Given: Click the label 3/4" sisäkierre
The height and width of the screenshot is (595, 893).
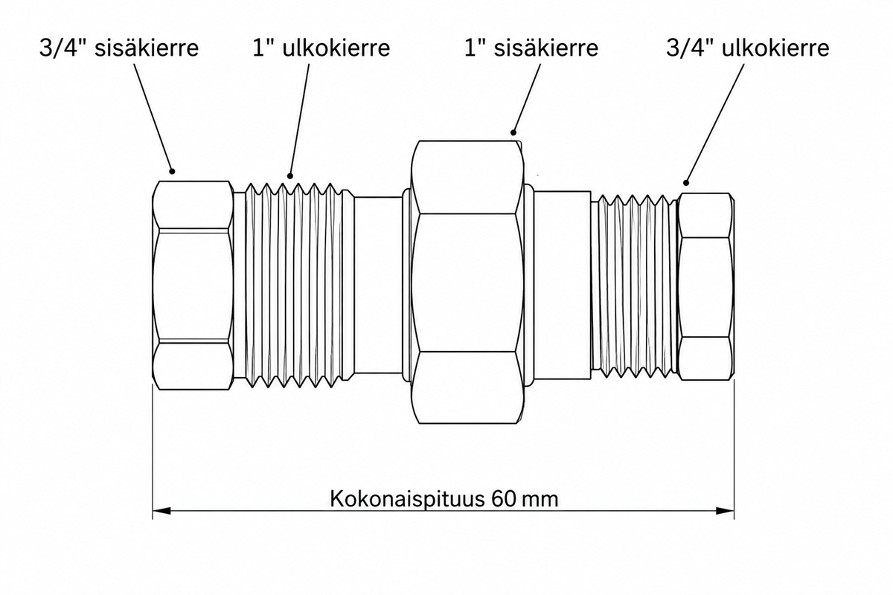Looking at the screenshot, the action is (x=119, y=48).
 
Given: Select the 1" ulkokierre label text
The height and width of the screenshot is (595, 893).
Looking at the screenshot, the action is (x=321, y=48).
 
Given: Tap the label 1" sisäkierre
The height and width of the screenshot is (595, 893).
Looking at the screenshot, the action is (x=531, y=48).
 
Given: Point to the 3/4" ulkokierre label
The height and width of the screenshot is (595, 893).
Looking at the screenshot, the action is (x=747, y=48).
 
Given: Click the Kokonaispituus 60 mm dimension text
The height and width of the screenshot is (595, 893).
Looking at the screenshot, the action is (x=444, y=498).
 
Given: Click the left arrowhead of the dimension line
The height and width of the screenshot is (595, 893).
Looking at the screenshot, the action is (x=162, y=511).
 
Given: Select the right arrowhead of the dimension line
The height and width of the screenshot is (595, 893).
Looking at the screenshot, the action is (x=725, y=511).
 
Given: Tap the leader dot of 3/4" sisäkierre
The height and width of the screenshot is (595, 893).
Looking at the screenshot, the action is (x=172, y=171).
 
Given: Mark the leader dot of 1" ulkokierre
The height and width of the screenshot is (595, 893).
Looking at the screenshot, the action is (x=289, y=176).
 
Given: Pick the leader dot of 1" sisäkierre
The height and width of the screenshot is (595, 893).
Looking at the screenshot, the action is (x=513, y=132).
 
